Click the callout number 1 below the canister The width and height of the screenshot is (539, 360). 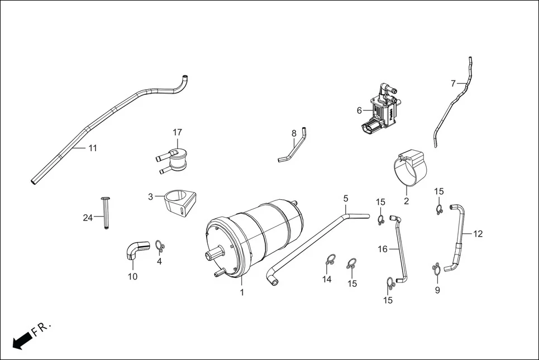[242, 292]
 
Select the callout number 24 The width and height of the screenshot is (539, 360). [88, 218]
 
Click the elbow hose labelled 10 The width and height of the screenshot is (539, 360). [135, 251]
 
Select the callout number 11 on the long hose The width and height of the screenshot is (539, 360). [93, 148]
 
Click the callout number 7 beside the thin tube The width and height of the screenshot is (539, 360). [453, 84]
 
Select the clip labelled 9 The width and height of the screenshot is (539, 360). [437, 270]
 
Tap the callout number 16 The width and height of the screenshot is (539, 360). [383, 249]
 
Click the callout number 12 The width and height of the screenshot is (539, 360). [478, 234]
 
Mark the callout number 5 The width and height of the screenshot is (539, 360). [346, 198]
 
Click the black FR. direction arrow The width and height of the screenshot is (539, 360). [21, 340]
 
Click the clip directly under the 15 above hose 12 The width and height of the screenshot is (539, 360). [440, 210]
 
